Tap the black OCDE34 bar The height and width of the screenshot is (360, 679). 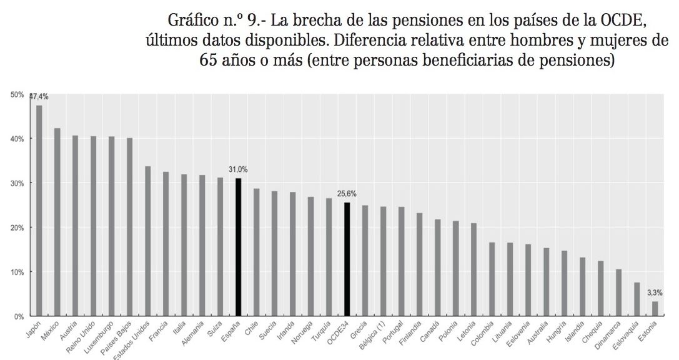point(347,259)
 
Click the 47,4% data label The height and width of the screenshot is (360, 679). point(39,97)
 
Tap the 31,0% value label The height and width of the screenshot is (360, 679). point(238,169)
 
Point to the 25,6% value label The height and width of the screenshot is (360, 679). point(347,194)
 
